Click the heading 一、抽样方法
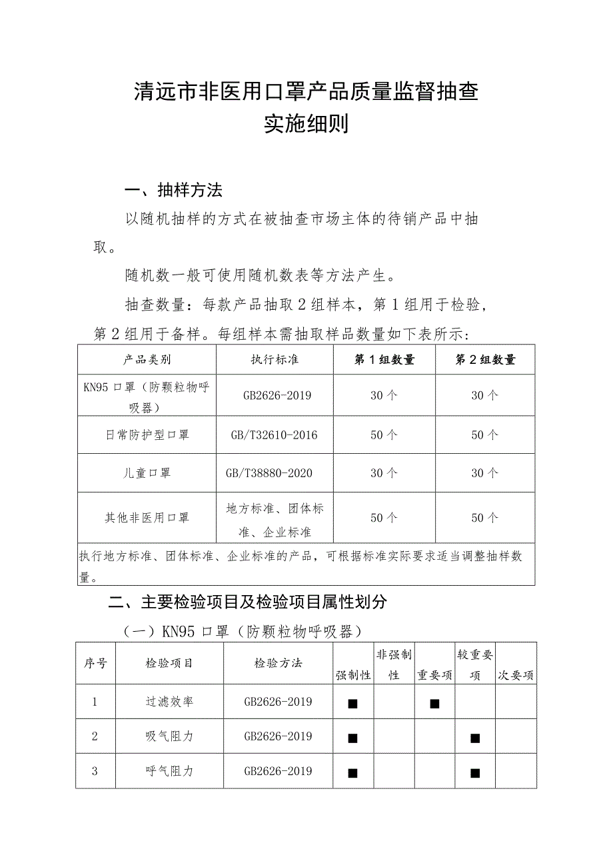(x=173, y=191)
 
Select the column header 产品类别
(x=147, y=360)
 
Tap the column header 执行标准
(x=275, y=360)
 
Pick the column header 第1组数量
(x=384, y=360)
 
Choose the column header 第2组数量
(x=485, y=360)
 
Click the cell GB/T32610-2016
(x=275, y=435)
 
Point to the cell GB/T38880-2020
(x=275, y=473)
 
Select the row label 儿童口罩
(x=147, y=473)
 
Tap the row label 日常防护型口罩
(x=147, y=435)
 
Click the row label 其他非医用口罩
(x=147, y=518)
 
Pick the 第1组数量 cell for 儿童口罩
(x=384, y=473)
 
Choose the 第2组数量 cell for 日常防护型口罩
(x=485, y=435)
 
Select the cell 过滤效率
(x=169, y=702)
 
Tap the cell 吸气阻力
(x=169, y=736)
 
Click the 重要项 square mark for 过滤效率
(x=434, y=703)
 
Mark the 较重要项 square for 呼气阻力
(x=475, y=772)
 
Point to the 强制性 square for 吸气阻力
(x=353, y=738)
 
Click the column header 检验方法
(x=278, y=663)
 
